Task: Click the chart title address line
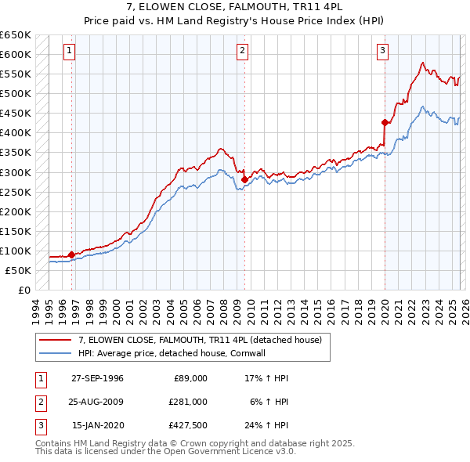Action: [235, 6]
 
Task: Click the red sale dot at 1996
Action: [72, 254]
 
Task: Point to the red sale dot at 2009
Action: [245, 179]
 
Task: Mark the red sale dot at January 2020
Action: [385, 122]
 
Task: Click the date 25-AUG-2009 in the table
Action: [98, 401]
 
